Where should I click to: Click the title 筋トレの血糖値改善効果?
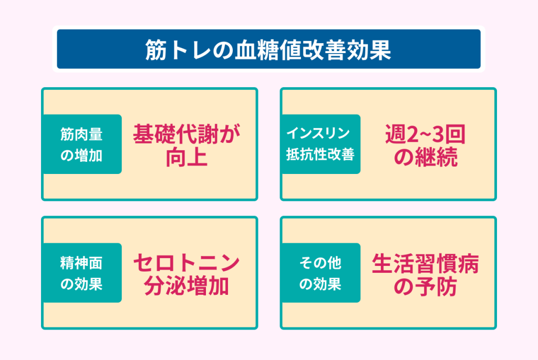tap(268, 50)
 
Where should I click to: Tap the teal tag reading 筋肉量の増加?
tap(82, 144)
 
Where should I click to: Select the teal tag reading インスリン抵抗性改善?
tap(321, 144)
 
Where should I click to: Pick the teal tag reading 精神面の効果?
tap(82, 273)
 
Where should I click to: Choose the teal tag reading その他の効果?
tap(321, 273)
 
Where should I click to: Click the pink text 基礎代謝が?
tap(187, 134)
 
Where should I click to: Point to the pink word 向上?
tap(187, 157)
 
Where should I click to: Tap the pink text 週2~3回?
tap(426, 134)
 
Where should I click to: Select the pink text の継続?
tap(426, 157)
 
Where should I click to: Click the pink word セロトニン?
tap(187, 263)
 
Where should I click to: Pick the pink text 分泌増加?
tap(187, 286)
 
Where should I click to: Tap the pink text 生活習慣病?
tap(426, 264)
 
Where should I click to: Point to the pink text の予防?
tap(426, 286)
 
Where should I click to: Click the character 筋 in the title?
tap(156, 50)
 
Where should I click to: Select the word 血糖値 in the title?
tap(268, 50)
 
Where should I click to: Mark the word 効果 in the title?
tap(369, 50)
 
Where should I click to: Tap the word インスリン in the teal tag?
tap(318, 133)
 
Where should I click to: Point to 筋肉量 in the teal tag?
tap(81, 134)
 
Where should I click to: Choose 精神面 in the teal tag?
tap(81, 263)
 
